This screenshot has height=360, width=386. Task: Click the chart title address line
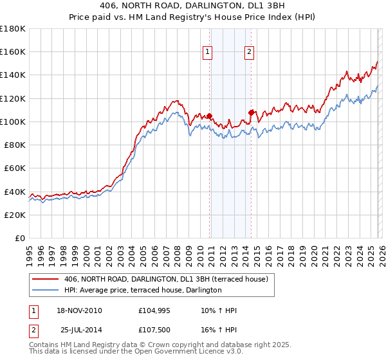pyautogui.click(x=194, y=6)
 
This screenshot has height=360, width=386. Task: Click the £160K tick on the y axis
pyautogui.click(x=13, y=52)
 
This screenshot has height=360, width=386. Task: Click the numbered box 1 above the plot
pyautogui.click(x=209, y=53)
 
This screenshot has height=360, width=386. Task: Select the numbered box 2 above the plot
pyautogui.click(x=250, y=53)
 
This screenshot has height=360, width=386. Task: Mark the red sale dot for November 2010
pyautogui.click(x=210, y=116)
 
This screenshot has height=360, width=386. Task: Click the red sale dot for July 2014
pyautogui.click(x=251, y=112)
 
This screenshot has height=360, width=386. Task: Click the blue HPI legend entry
pyautogui.click(x=143, y=290)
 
